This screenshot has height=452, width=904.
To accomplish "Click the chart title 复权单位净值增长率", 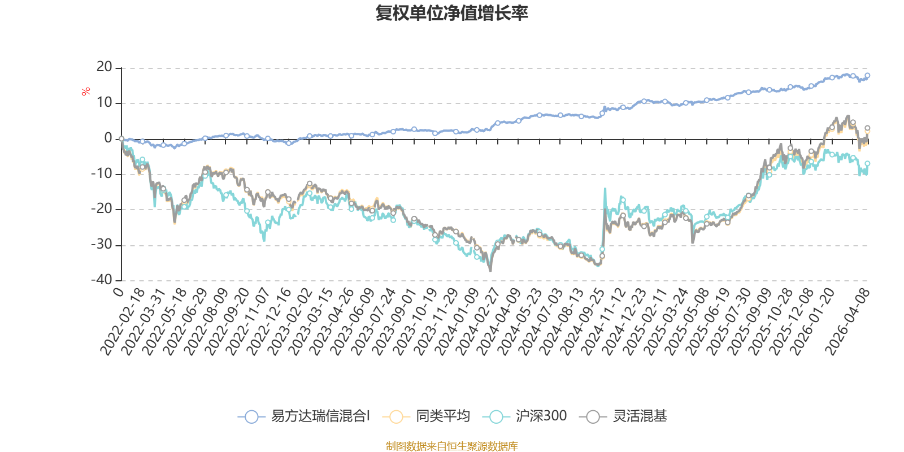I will [x=452, y=14].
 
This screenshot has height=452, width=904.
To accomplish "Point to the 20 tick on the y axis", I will [x=104, y=67].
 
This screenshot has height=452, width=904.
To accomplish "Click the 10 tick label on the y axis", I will [x=104, y=103].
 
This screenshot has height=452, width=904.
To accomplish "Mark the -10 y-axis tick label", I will [x=102, y=174].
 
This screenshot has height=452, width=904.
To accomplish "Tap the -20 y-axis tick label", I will [x=102, y=209].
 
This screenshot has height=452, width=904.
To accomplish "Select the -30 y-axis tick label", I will [x=102, y=245].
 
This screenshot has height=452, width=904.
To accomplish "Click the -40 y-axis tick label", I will [x=102, y=280].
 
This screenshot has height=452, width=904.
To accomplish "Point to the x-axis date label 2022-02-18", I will [x=123, y=322].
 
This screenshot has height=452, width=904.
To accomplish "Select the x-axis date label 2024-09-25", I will [x=583, y=322].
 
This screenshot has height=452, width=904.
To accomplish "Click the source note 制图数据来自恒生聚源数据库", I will [x=452, y=446].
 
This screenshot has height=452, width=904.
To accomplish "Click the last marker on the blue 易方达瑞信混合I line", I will [x=867, y=75].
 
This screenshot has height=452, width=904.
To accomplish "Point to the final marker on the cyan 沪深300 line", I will [x=867, y=163].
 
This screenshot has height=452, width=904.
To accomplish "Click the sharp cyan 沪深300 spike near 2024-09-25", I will [x=605, y=189].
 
